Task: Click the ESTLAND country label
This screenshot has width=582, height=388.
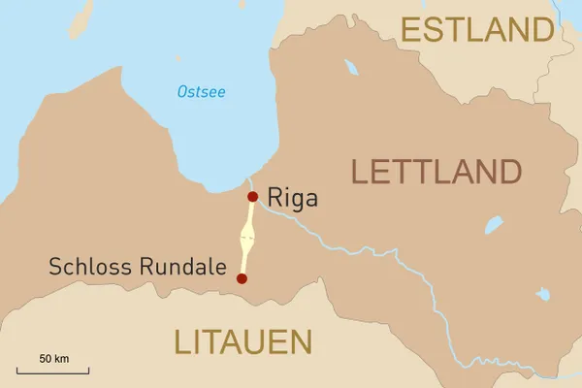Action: (x=477, y=30)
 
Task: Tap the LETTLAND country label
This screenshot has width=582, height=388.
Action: (x=436, y=172)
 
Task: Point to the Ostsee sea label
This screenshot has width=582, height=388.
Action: (x=201, y=92)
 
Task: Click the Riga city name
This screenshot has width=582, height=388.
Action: (x=291, y=199)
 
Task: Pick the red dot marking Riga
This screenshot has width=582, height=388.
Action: (x=252, y=197)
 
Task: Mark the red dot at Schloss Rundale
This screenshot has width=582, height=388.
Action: (x=242, y=278)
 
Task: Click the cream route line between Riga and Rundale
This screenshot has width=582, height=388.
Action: (x=247, y=238)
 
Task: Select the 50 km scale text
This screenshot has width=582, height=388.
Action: (x=54, y=359)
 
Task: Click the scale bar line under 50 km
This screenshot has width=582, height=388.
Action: (x=58, y=371)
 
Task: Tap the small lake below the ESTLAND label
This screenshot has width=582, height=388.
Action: (x=350, y=68)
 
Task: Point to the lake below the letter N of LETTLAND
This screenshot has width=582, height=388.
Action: (x=494, y=226)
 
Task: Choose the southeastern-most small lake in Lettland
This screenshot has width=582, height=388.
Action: (x=543, y=294)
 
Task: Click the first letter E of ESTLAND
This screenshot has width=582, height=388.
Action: (x=411, y=30)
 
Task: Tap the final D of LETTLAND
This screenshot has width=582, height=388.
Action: (x=508, y=172)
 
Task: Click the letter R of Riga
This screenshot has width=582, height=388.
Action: (x=273, y=199)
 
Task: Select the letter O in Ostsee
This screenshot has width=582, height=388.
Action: (x=182, y=92)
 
